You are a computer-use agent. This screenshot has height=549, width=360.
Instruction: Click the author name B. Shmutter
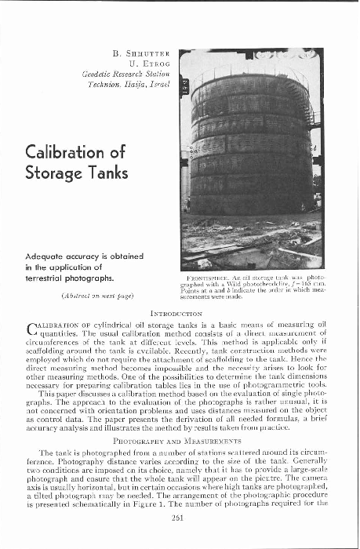(141, 54)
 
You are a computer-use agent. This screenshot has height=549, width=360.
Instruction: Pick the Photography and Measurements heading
(180, 443)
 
